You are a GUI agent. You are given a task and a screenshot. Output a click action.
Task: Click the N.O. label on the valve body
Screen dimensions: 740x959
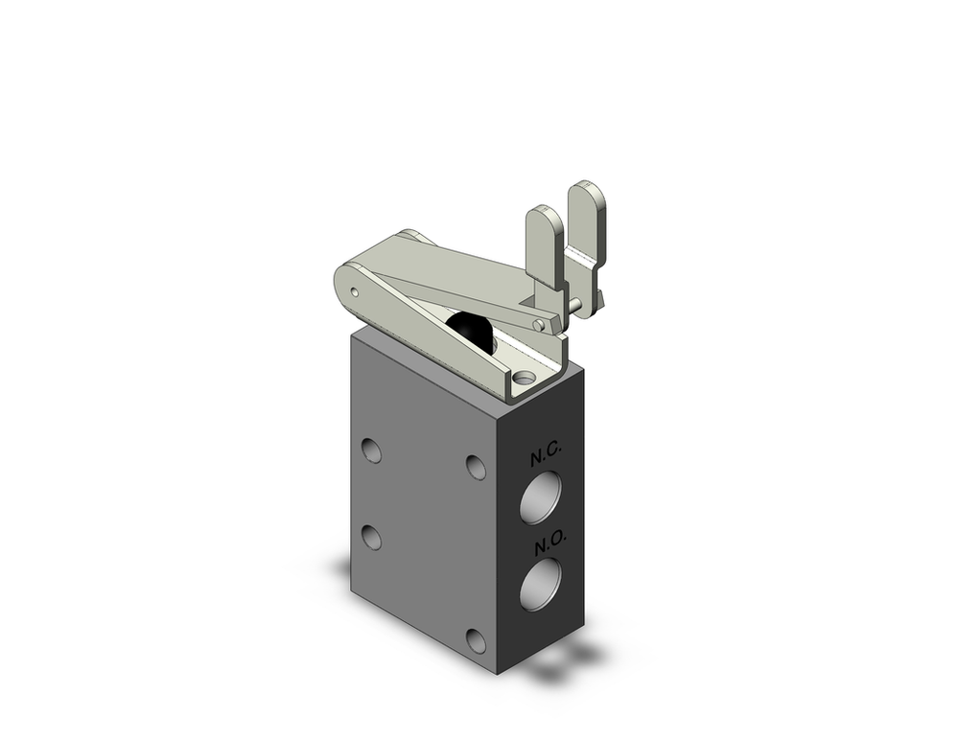pos(550,543)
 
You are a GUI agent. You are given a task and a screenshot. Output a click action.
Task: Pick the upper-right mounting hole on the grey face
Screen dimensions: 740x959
pos(476,466)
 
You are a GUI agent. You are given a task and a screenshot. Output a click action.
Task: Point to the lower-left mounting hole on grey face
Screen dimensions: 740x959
pos(371,538)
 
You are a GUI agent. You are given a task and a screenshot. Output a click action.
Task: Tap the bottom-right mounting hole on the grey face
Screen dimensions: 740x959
pos(476,640)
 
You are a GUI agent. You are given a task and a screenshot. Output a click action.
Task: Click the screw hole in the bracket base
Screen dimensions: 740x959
pos(523,382)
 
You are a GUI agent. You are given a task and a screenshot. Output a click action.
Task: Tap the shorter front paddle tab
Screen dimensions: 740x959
pos(542,247)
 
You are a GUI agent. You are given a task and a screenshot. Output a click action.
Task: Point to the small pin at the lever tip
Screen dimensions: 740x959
pos(539,326)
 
